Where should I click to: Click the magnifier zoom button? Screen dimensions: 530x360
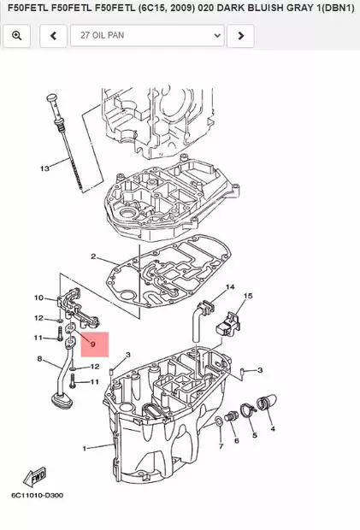pos(16,36)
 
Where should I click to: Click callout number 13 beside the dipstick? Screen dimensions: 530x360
pos(45,168)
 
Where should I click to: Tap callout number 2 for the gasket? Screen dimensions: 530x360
pos(93,256)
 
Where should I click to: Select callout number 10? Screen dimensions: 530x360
pos(38,297)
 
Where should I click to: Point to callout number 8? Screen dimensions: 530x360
pos(38,359)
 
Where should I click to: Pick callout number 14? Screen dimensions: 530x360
pos(230,286)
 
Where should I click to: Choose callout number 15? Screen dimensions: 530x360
pos(249,296)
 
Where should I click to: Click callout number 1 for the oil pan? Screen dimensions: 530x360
pos(85,448)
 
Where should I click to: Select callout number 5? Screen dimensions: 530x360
pos(253,436)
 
